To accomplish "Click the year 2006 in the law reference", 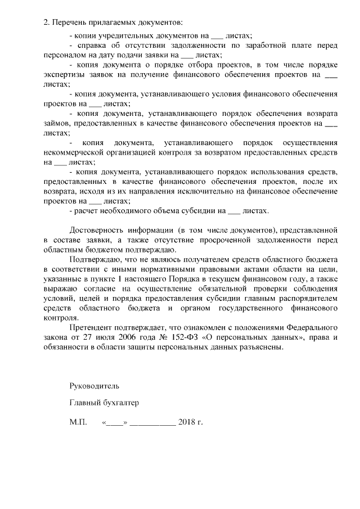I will [125, 337].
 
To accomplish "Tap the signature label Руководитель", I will [94, 386].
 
